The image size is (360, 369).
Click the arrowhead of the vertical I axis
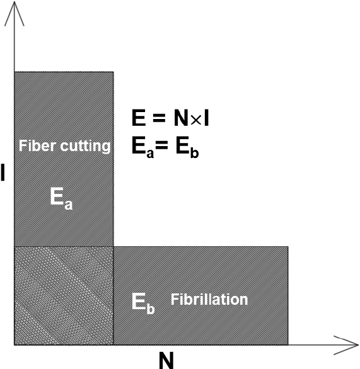[x=15, y=2]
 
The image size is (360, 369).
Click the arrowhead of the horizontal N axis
[x=358, y=345]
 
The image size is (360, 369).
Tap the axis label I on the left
[x=3, y=173]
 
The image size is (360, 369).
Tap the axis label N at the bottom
[x=166, y=360]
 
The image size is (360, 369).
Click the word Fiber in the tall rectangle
[x=38, y=145]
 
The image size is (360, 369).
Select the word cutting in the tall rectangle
[x=85, y=146]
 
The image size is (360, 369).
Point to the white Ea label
[x=61, y=198]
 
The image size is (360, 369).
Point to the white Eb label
[x=142, y=304]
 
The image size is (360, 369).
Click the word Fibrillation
[x=209, y=299]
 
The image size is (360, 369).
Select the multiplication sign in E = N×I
[x=196, y=120]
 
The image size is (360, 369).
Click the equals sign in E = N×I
[x=159, y=118]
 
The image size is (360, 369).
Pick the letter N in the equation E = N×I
[x=181, y=118]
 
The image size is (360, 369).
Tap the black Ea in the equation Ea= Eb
[x=142, y=147]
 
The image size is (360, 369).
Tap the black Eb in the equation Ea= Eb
[x=187, y=147]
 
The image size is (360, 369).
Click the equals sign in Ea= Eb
[x=162, y=145]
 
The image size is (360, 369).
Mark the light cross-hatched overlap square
[x=64, y=295]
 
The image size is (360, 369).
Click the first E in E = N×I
[x=138, y=118]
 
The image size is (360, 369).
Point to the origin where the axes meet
[x=15, y=345]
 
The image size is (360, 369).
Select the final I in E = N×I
[x=206, y=118]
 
